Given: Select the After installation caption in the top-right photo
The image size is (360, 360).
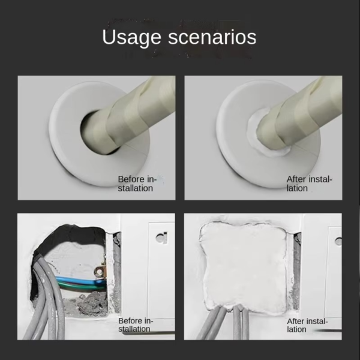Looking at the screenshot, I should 308,184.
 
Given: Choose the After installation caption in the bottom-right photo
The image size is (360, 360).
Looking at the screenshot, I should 308,325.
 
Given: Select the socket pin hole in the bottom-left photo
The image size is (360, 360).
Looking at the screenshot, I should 161,237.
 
